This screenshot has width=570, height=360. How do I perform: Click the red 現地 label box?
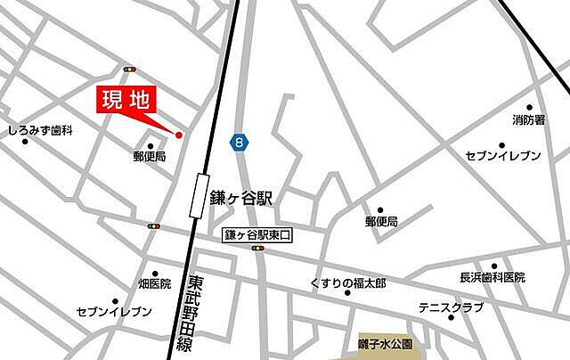(x=125, y=101)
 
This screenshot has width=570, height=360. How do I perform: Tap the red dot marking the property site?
(x=178, y=135)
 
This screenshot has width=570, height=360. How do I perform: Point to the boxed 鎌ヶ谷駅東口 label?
(x=257, y=234)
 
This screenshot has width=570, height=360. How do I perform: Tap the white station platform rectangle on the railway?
(x=196, y=193)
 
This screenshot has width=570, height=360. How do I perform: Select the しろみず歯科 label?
(x=40, y=130)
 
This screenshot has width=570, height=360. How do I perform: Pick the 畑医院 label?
(x=154, y=284)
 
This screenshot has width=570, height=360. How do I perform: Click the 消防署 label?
(x=528, y=119)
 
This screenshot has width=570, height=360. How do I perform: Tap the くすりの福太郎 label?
(x=348, y=283)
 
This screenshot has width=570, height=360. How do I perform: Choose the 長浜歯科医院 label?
(x=493, y=277)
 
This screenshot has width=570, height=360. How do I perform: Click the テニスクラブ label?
(x=452, y=307)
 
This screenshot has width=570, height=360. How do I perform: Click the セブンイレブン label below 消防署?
(x=503, y=156)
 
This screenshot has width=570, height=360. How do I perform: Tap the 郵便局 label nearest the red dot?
(x=150, y=156)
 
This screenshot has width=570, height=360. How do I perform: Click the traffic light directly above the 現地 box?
(x=130, y=69)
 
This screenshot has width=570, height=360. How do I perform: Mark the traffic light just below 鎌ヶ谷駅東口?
(x=258, y=249)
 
